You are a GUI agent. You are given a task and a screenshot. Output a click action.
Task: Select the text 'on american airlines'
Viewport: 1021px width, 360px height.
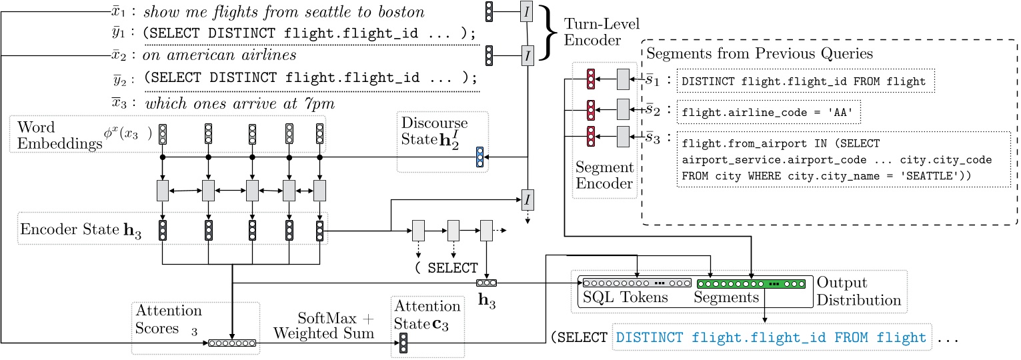(221, 55)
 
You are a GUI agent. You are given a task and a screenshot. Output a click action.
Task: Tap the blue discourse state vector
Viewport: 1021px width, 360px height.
(479, 157)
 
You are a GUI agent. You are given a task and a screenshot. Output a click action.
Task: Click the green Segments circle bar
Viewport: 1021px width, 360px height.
(752, 283)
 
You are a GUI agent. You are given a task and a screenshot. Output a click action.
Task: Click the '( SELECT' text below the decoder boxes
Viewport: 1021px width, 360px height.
(445, 268)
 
